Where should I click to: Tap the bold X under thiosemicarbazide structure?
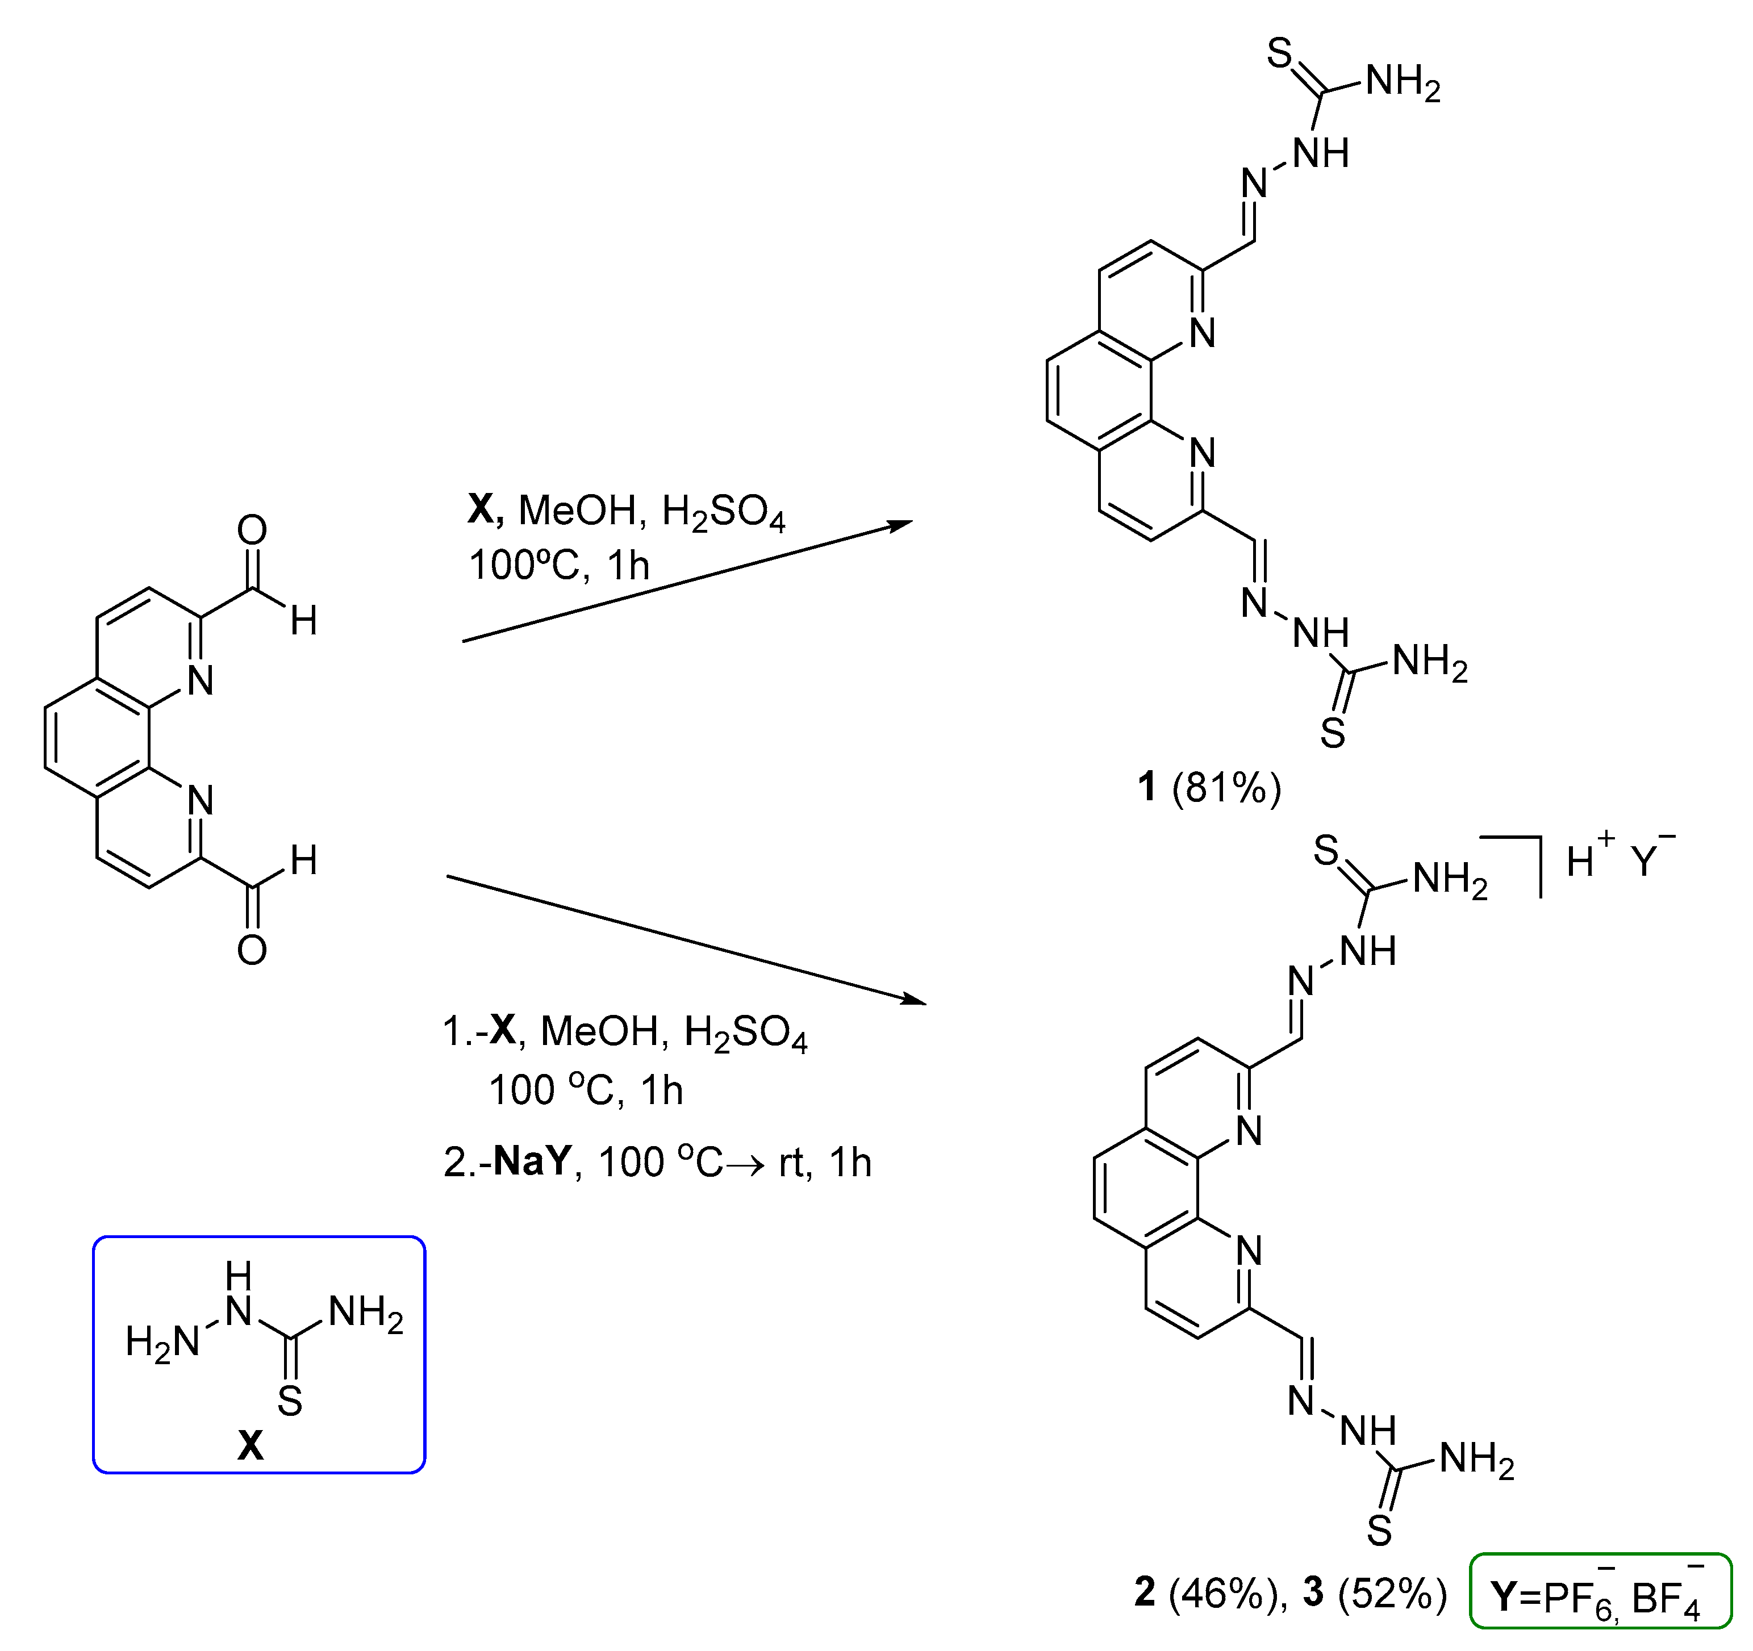click(x=251, y=1445)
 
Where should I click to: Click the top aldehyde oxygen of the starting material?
click(x=252, y=530)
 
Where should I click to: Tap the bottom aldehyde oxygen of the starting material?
click(x=252, y=950)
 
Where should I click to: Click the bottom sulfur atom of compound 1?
click(x=1333, y=733)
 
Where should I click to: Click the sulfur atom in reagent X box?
click(x=290, y=1401)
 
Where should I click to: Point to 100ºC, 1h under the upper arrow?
click(x=559, y=565)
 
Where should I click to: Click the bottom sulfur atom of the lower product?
click(x=1380, y=1531)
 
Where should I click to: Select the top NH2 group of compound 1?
click(x=1403, y=83)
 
